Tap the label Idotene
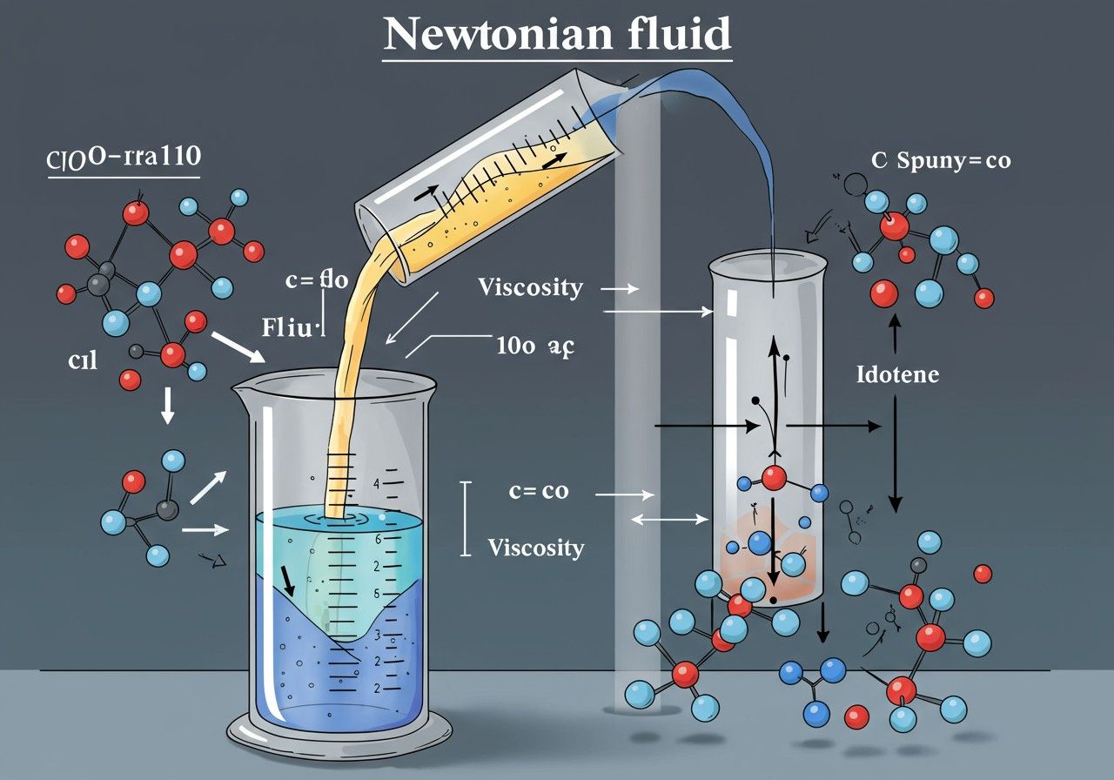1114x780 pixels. [897, 375]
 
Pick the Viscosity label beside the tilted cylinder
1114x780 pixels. [530, 286]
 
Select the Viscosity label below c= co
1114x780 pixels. [535, 548]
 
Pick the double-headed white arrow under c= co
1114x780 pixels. [669, 520]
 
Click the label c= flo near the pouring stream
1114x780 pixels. [316, 280]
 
